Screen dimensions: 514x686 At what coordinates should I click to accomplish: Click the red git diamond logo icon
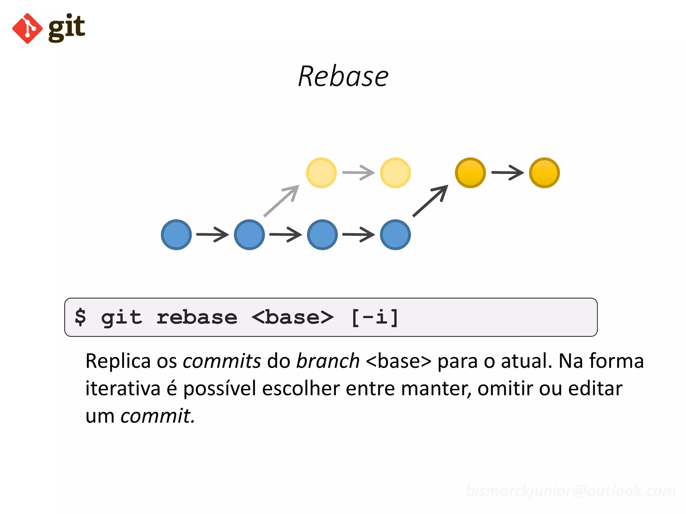pos(27,28)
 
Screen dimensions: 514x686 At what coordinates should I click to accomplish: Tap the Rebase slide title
pos(343,77)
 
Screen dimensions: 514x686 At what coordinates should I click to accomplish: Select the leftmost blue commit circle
pos(176,235)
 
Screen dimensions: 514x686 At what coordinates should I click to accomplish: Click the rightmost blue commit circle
pos(395,235)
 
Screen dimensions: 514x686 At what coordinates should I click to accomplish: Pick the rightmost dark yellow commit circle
pos(544,173)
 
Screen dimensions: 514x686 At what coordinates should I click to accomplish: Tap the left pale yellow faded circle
pos(321,173)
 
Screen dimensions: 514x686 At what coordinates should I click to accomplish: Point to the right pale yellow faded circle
pos(395,173)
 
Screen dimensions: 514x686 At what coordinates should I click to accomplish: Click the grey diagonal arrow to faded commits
pos(281,201)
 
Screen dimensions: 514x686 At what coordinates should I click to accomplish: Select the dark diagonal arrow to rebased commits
pos(430,201)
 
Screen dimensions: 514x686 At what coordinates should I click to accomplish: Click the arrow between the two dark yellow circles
pos(507,173)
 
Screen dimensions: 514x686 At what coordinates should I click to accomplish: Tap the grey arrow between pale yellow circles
pos(358,173)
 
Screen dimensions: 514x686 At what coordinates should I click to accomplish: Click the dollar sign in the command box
pos(80,317)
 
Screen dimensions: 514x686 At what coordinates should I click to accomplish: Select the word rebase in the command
pos(197,317)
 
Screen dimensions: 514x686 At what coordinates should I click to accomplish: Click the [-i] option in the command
pos(375,317)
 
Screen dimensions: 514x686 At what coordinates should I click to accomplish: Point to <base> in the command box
pos(292,317)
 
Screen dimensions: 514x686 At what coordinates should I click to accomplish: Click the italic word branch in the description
pos(328,361)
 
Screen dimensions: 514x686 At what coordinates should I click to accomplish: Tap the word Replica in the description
pos(118,361)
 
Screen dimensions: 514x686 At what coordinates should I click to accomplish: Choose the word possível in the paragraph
pos(219,389)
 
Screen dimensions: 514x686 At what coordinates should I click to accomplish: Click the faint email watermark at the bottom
pos(570,491)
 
